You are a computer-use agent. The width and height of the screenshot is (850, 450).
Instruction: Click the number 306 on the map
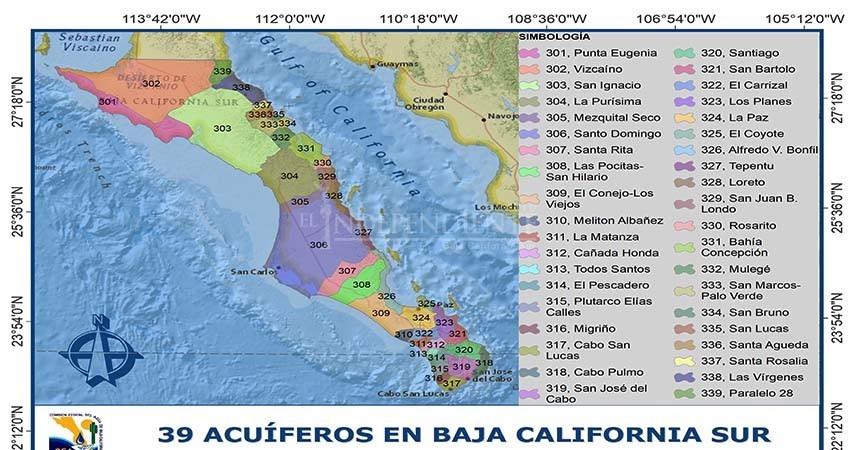[318, 245]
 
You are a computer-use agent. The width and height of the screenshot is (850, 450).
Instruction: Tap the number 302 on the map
[151, 84]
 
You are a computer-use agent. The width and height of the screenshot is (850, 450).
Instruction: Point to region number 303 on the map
[223, 128]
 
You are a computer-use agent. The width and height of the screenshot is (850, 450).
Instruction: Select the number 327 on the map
[363, 232]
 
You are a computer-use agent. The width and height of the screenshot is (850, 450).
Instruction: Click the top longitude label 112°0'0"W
[291, 18]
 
